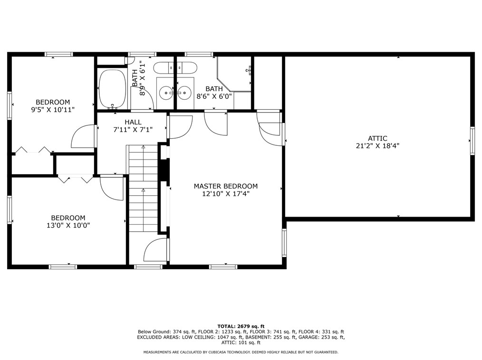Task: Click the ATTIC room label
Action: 377,138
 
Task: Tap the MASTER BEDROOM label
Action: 226,186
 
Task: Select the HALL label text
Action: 133,122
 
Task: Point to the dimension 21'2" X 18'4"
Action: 377,146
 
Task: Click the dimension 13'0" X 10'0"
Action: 68,226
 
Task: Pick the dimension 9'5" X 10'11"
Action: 53,110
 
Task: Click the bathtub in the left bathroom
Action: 112,89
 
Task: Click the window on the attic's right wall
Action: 472,141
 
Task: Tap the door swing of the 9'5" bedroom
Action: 83,136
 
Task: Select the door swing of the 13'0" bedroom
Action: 112,188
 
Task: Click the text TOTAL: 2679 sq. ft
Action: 241,326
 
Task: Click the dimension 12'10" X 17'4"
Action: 226,194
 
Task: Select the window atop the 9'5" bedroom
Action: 59,54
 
